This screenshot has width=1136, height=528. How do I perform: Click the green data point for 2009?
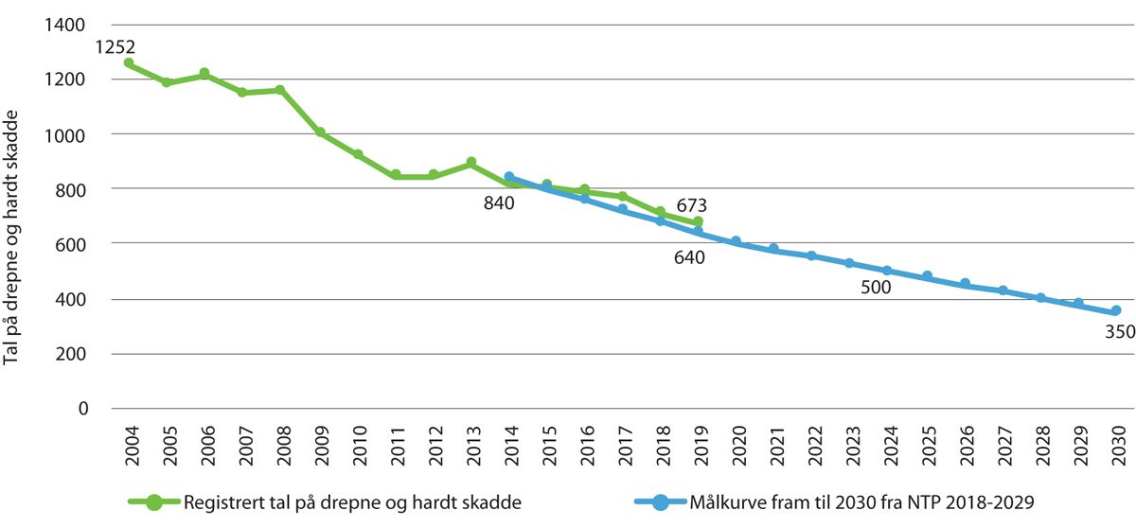(x=320, y=132)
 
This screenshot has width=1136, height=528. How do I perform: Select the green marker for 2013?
(x=470, y=163)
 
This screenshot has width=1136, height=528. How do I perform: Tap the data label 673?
(x=692, y=204)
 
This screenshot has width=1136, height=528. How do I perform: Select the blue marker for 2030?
(x=1116, y=310)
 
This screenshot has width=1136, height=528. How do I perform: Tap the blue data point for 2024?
(x=887, y=271)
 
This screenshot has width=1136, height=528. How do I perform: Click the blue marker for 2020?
(x=736, y=241)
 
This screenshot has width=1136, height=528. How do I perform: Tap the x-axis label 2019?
(x=698, y=445)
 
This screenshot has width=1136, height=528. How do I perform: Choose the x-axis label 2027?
(x=1003, y=445)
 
